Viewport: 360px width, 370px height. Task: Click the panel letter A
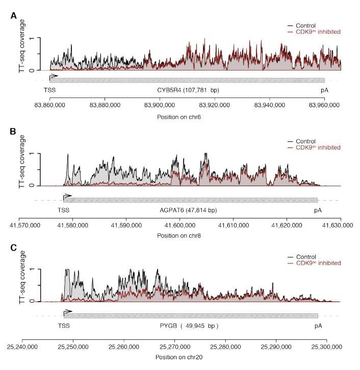(14, 16)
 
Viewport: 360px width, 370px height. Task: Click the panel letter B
(14, 131)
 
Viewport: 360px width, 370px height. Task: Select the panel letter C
(14, 247)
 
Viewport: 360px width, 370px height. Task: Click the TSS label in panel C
(64, 325)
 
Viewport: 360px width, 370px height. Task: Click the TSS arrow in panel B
(67, 195)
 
